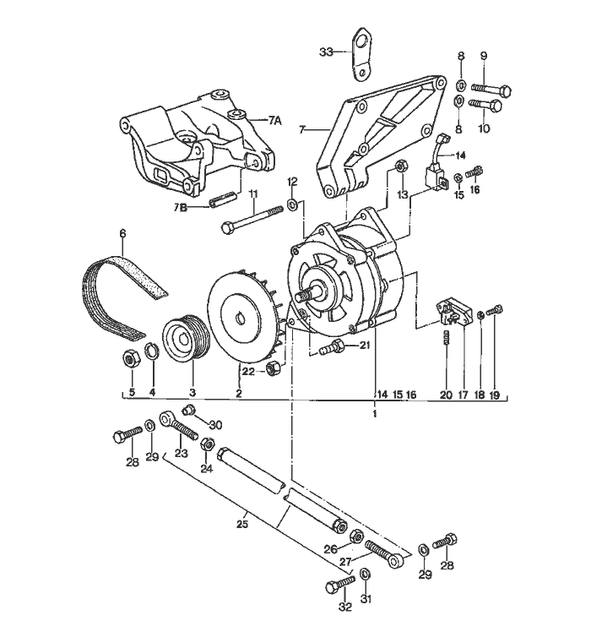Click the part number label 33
click(327, 52)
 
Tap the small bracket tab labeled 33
click(361, 54)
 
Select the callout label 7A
click(274, 121)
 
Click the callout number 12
click(292, 182)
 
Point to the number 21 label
click(364, 345)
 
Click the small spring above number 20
click(447, 341)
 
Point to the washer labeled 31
click(365, 575)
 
